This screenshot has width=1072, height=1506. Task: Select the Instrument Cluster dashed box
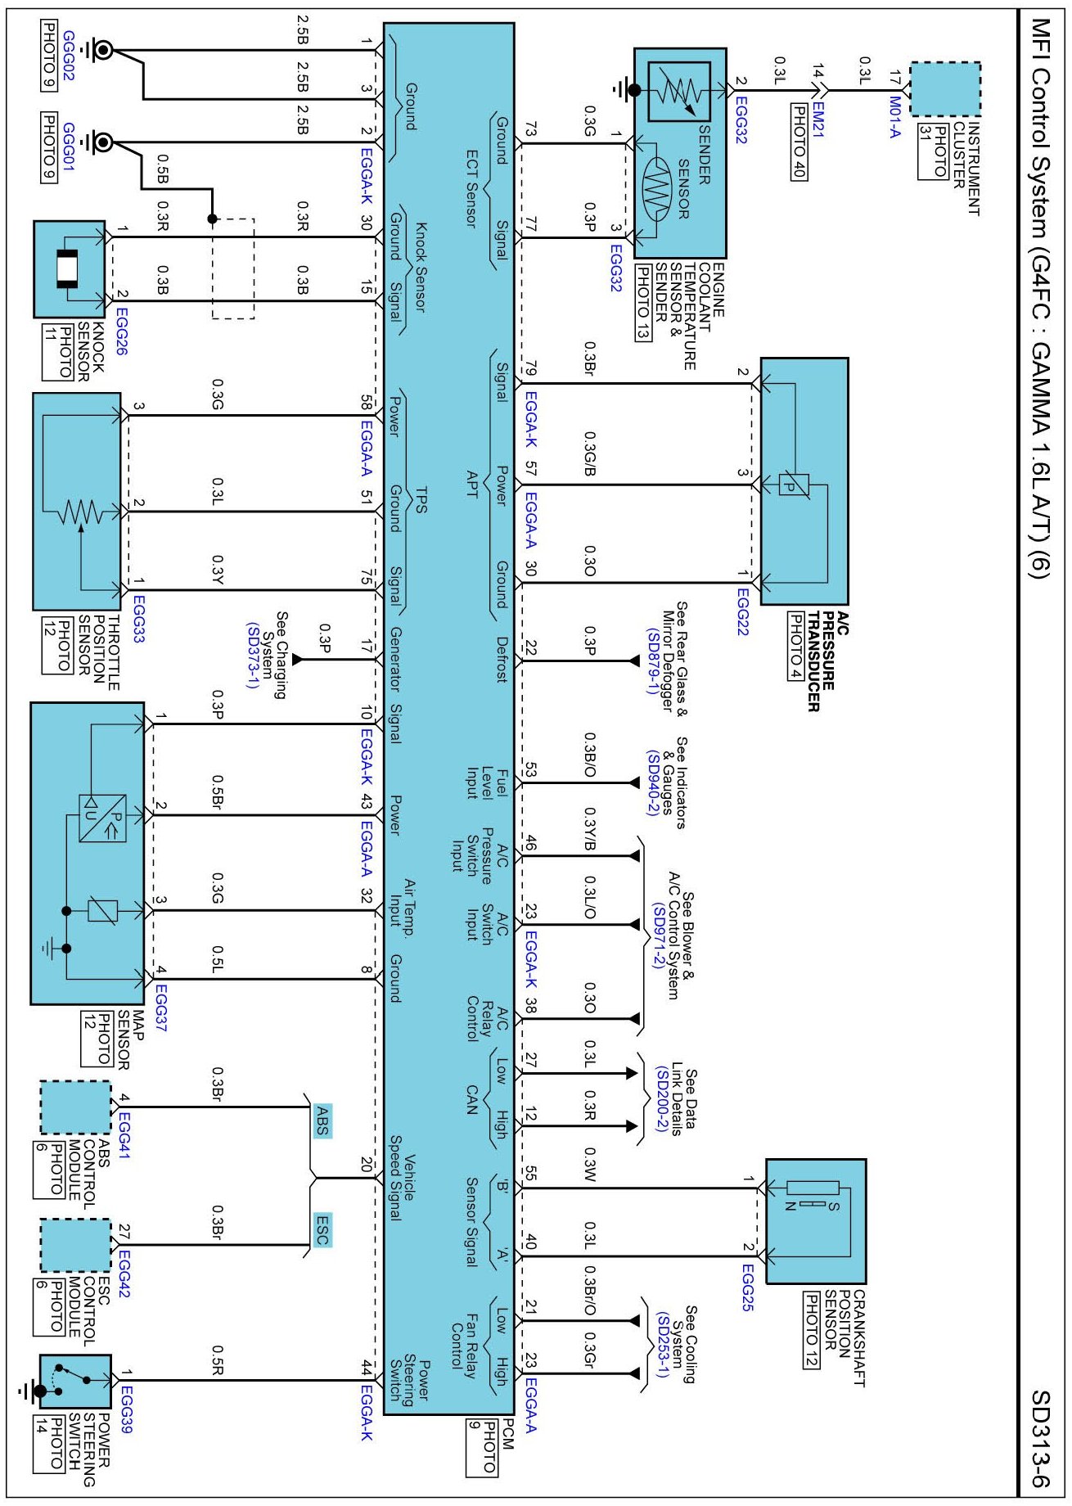945,89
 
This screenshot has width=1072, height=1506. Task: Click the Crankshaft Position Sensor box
816,1220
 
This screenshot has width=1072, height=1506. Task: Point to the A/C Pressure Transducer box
804,481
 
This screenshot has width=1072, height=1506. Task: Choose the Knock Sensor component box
70,269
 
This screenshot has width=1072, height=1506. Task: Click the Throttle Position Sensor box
77,501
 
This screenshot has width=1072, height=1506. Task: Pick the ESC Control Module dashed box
75,1246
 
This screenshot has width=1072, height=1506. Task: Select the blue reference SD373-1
252,656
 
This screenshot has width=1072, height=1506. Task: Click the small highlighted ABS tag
322,1119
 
